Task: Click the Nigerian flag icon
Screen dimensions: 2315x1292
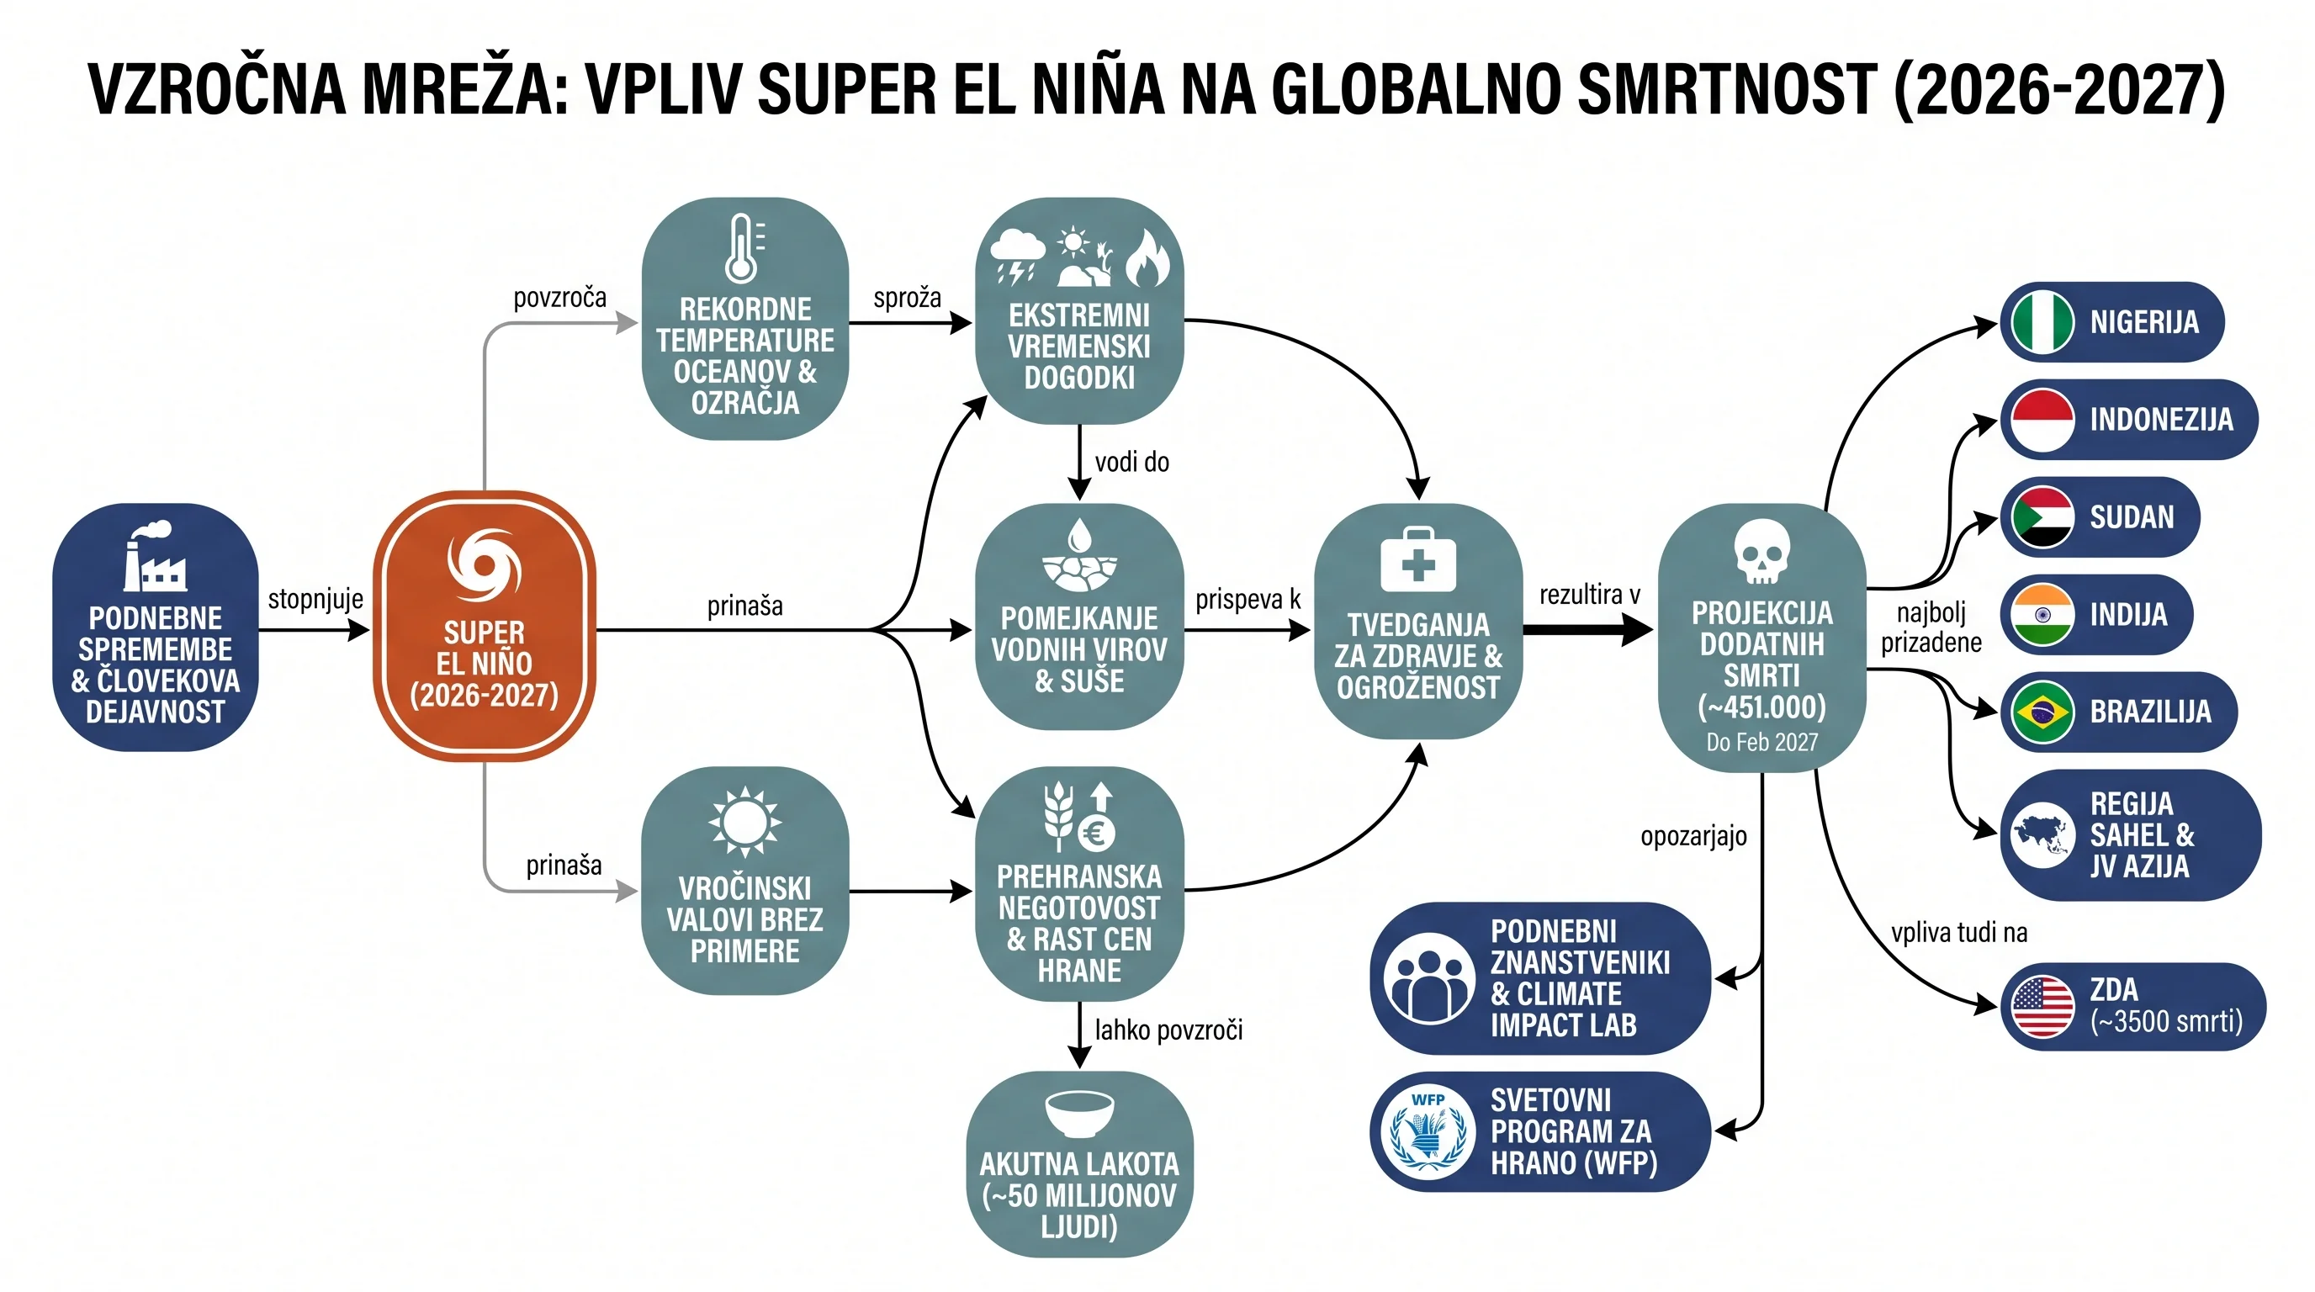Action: click(2042, 321)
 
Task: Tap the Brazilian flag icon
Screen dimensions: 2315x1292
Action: click(2042, 712)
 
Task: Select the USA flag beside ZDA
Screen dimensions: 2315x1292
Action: click(2042, 1006)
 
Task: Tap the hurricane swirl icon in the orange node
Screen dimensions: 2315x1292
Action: click(485, 566)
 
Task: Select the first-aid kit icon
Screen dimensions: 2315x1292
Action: click(1417, 559)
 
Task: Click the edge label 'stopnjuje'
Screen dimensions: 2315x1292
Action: click(315, 599)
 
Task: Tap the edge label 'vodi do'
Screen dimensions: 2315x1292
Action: click(1131, 462)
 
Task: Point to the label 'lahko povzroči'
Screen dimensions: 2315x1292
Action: click(1168, 1030)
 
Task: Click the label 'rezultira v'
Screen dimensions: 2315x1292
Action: click(1589, 594)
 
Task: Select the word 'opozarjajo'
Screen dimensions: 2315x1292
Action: click(1693, 836)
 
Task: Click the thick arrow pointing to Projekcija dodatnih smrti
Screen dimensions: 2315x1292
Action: click(1587, 630)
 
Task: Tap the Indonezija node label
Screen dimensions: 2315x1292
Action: click(2160, 420)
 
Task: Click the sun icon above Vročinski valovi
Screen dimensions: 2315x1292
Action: click(744, 821)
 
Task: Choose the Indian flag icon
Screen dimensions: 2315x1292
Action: click(2042, 615)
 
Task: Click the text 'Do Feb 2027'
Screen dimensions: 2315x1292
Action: click(1761, 742)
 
